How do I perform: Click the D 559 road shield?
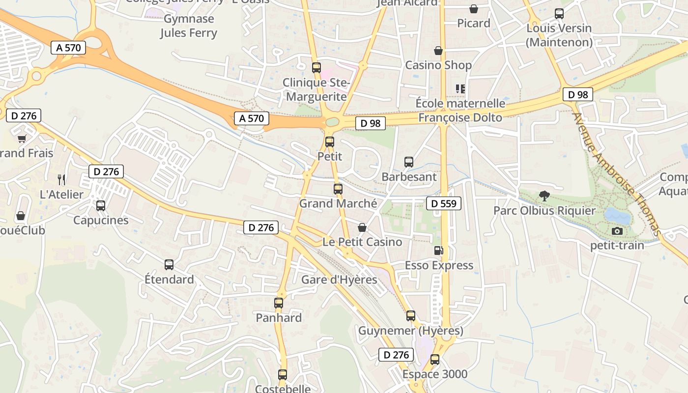click(x=444, y=203)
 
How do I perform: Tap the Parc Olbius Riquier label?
click(x=545, y=211)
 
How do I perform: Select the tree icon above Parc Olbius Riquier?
click(x=544, y=196)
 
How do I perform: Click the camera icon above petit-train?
click(x=617, y=231)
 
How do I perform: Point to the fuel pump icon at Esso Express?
click(x=438, y=251)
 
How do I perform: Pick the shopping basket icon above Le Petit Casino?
click(x=362, y=227)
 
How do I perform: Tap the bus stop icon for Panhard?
click(x=279, y=303)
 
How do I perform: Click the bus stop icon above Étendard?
click(x=169, y=265)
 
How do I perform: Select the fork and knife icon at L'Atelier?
click(x=61, y=179)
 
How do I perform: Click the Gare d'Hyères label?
click(x=339, y=280)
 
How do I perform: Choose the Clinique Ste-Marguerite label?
click(x=316, y=89)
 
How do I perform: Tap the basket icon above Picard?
click(x=474, y=9)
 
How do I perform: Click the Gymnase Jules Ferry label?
click(x=189, y=26)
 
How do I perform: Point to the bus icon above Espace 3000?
click(x=435, y=359)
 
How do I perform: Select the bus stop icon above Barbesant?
click(x=409, y=162)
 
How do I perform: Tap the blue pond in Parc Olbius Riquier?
click(x=616, y=215)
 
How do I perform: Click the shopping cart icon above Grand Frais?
click(x=22, y=139)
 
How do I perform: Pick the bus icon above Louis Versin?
click(x=559, y=13)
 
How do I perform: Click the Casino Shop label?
click(x=438, y=65)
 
